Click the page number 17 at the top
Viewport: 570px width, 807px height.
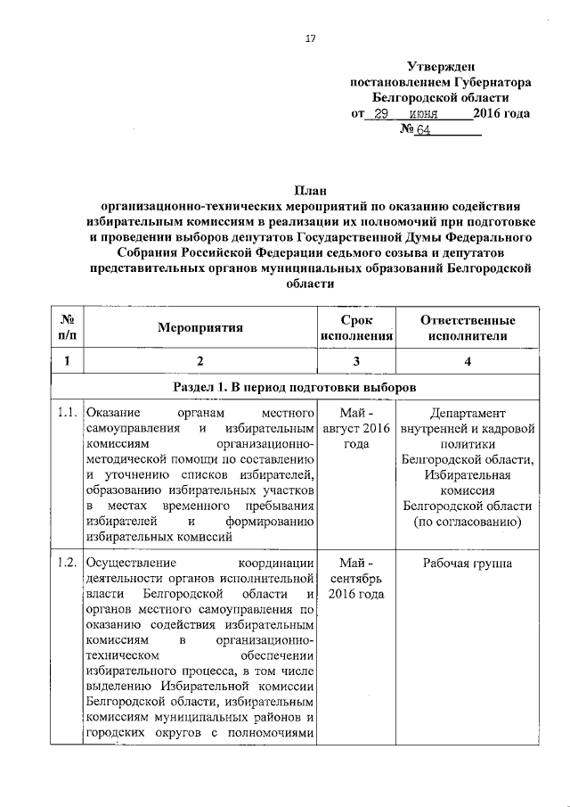310,38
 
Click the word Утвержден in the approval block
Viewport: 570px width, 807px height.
441,65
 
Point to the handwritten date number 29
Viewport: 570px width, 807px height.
381,114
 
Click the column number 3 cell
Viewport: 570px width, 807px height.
355,361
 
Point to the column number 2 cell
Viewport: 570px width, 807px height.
199,361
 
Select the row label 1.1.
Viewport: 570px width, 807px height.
65,414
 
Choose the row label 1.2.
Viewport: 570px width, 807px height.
65,564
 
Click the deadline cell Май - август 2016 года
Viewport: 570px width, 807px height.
355,429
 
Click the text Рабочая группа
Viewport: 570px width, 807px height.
467,564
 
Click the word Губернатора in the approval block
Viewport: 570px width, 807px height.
489,81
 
